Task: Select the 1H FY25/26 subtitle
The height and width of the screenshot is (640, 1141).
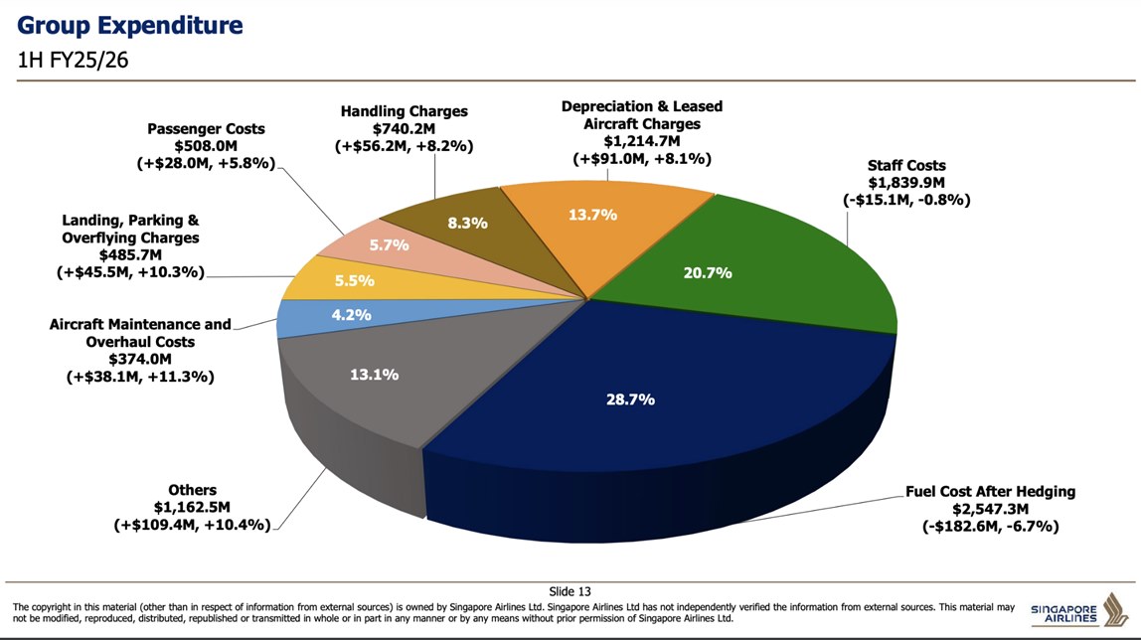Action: (x=75, y=61)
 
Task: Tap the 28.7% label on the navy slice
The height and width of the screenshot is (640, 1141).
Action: (x=630, y=400)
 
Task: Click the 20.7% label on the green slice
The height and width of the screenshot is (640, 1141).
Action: (x=708, y=272)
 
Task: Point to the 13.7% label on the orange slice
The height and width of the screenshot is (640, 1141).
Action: (x=593, y=215)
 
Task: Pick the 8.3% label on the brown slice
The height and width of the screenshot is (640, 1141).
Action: (x=467, y=224)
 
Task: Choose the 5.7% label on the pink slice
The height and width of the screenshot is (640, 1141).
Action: (x=390, y=245)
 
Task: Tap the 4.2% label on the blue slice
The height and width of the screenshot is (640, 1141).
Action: (x=323, y=315)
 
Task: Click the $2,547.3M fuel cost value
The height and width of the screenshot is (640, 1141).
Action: (x=990, y=509)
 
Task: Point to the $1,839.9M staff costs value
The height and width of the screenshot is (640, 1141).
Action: (x=905, y=183)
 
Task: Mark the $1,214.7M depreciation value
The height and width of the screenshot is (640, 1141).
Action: (x=641, y=141)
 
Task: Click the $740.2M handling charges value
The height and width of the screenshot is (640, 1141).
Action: (x=404, y=129)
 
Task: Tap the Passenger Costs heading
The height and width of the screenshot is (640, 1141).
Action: (x=206, y=129)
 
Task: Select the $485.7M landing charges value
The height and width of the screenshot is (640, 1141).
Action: (x=130, y=255)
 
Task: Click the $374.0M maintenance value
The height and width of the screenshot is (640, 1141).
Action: (x=140, y=360)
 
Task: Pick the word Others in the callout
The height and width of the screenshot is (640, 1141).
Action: (x=192, y=491)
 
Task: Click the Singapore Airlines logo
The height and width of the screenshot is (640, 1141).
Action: (x=1077, y=610)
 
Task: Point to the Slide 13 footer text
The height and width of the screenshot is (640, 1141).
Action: (x=570, y=591)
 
